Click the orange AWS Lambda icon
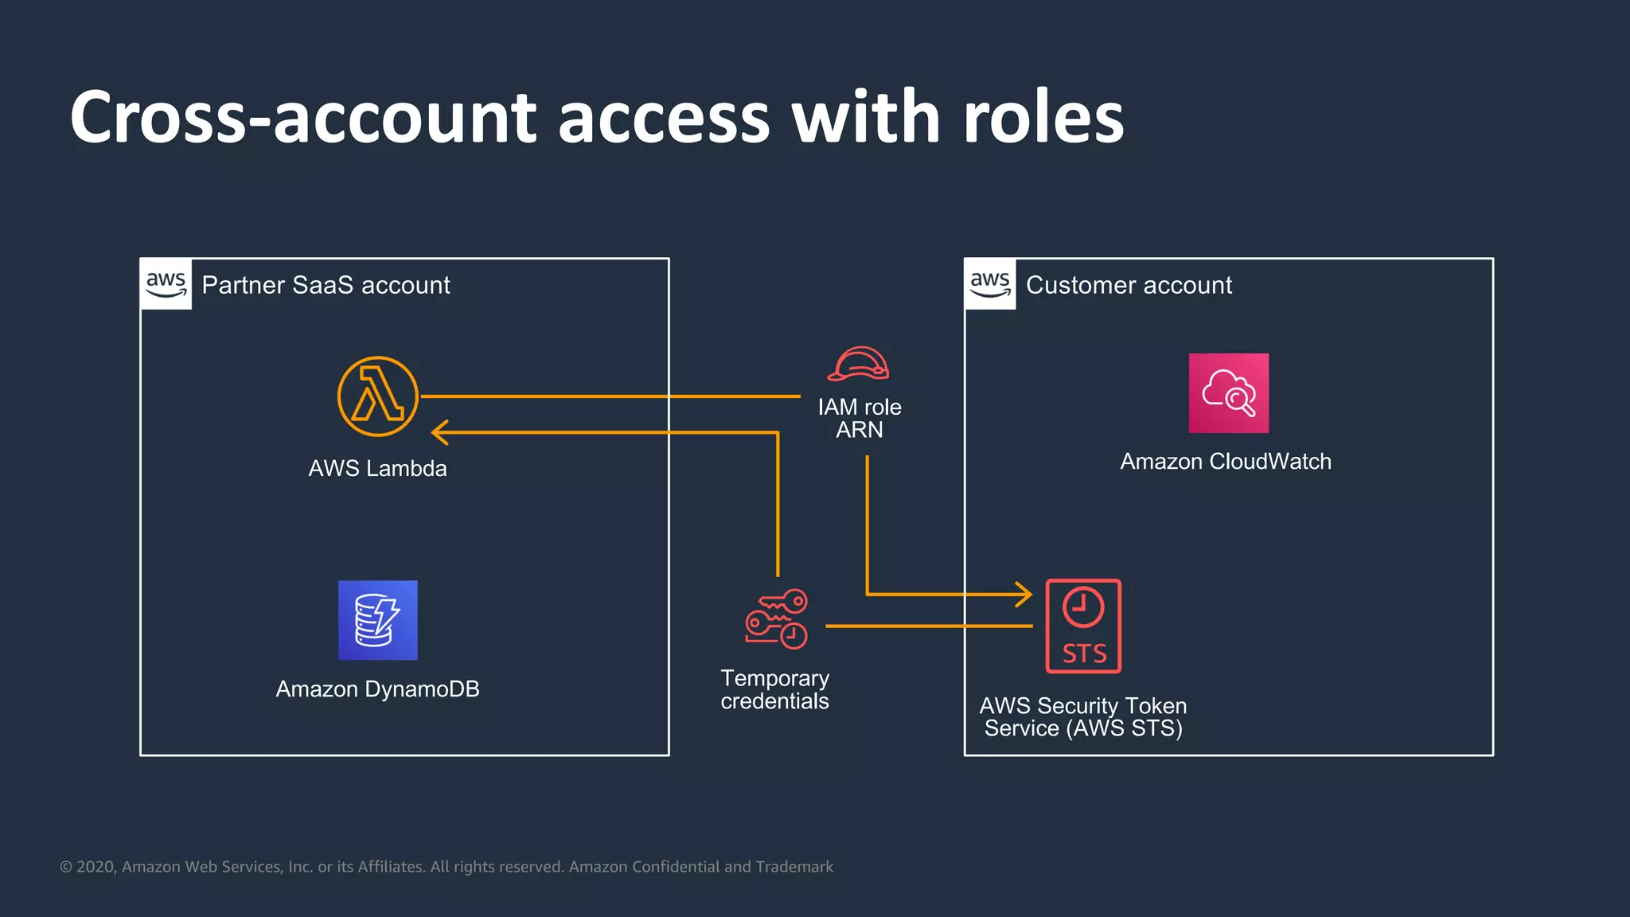pyautogui.click(x=377, y=396)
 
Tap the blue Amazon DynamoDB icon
pyautogui.click(x=377, y=620)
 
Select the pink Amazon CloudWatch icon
pyautogui.click(x=1228, y=393)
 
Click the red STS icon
pyautogui.click(x=1083, y=626)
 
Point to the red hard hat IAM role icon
pyautogui.click(x=858, y=365)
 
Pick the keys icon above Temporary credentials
pyautogui.click(x=776, y=619)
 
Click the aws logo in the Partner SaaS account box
pyautogui.click(x=166, y=284)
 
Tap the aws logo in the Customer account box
pyautogui.click(x=989, y=284)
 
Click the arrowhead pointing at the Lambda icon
pyautogui.click(x=439, y=432)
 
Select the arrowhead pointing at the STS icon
pyautogui.click(x=1025, y=594)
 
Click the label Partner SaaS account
pyautogui.click(x=326, y=285)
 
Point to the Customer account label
pyautogui.click(x=1128, y=285)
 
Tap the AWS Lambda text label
pyautogui.click(x=377, y=468)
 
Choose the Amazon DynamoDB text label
pyautogui.click(x=377, y=689)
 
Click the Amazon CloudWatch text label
pyautogui.click(x=1225, y=461)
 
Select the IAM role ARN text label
pyautogui.click(x=860, y=418)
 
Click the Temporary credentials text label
pyautogui.click(x=774, y=689)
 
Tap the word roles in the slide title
pyautogui.click(x=1043, y=118)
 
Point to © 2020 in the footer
pyautogui.click(x=88, y=867)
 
